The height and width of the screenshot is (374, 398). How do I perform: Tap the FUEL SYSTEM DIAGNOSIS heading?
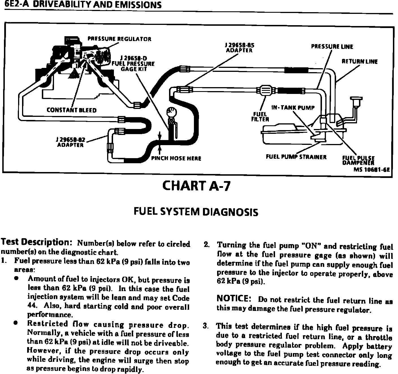click(x=196, y=212)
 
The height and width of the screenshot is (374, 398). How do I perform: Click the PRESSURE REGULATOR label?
click(x=119, y=39)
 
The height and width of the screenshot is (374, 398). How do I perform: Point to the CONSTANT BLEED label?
click(x=72, y=110)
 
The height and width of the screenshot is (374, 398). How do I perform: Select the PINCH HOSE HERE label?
click(x=176, y=158)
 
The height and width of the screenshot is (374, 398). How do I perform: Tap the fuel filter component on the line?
click(x=265, y=91)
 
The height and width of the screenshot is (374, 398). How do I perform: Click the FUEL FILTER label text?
click(x=260, y=117)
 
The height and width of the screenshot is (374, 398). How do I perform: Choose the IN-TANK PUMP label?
click(x=293, y=108)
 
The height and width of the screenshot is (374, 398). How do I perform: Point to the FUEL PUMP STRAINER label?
click(x=296, y=157)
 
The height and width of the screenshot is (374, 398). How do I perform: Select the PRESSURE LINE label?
click(x=332, y=47)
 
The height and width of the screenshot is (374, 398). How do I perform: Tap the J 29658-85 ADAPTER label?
click(x=239, y=48)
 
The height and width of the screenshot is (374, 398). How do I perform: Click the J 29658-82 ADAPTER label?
click(x=70, y=142)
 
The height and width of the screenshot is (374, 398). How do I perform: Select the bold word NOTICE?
click(x=233, y=299)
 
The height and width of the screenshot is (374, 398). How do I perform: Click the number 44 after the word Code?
click(x=31, y=306)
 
